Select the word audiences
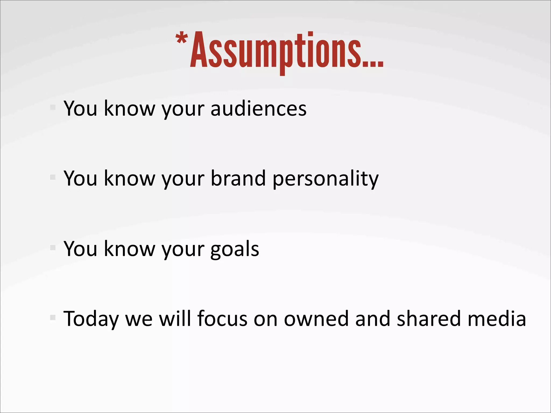coord(258,109)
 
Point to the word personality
coord(326,179)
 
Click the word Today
coord(91,319)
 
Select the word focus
coord(222,319)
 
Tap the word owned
coord(316,319)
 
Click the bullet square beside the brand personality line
coord(53,177)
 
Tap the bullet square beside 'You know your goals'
coord(53,248)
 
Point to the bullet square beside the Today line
coord(53,318)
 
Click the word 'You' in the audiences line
coord(80,109)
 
